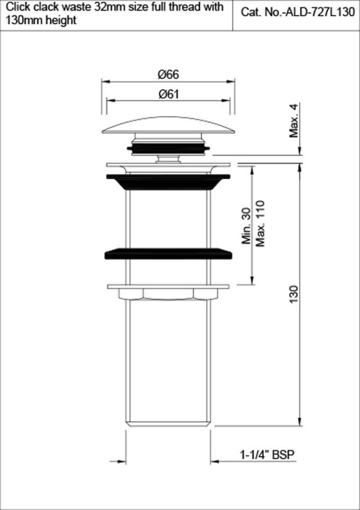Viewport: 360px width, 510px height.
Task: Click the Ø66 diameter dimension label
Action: point(168,74)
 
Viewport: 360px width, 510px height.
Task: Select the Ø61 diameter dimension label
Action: point(168,94)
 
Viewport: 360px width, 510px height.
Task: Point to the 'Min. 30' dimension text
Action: point(246,226)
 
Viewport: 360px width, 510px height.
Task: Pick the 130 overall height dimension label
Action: point(294,295)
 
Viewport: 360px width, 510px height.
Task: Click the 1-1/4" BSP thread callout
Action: point(267,455)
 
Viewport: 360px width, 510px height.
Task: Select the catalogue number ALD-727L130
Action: point(320,13)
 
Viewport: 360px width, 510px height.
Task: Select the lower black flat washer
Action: point(168,253)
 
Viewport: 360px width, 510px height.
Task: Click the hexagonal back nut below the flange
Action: point(168,294)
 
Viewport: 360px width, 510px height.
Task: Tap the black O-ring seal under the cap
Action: point(168,148)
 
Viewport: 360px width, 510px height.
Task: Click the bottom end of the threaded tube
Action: point(168,423)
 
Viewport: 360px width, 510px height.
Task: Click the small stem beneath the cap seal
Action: point(168,158)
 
